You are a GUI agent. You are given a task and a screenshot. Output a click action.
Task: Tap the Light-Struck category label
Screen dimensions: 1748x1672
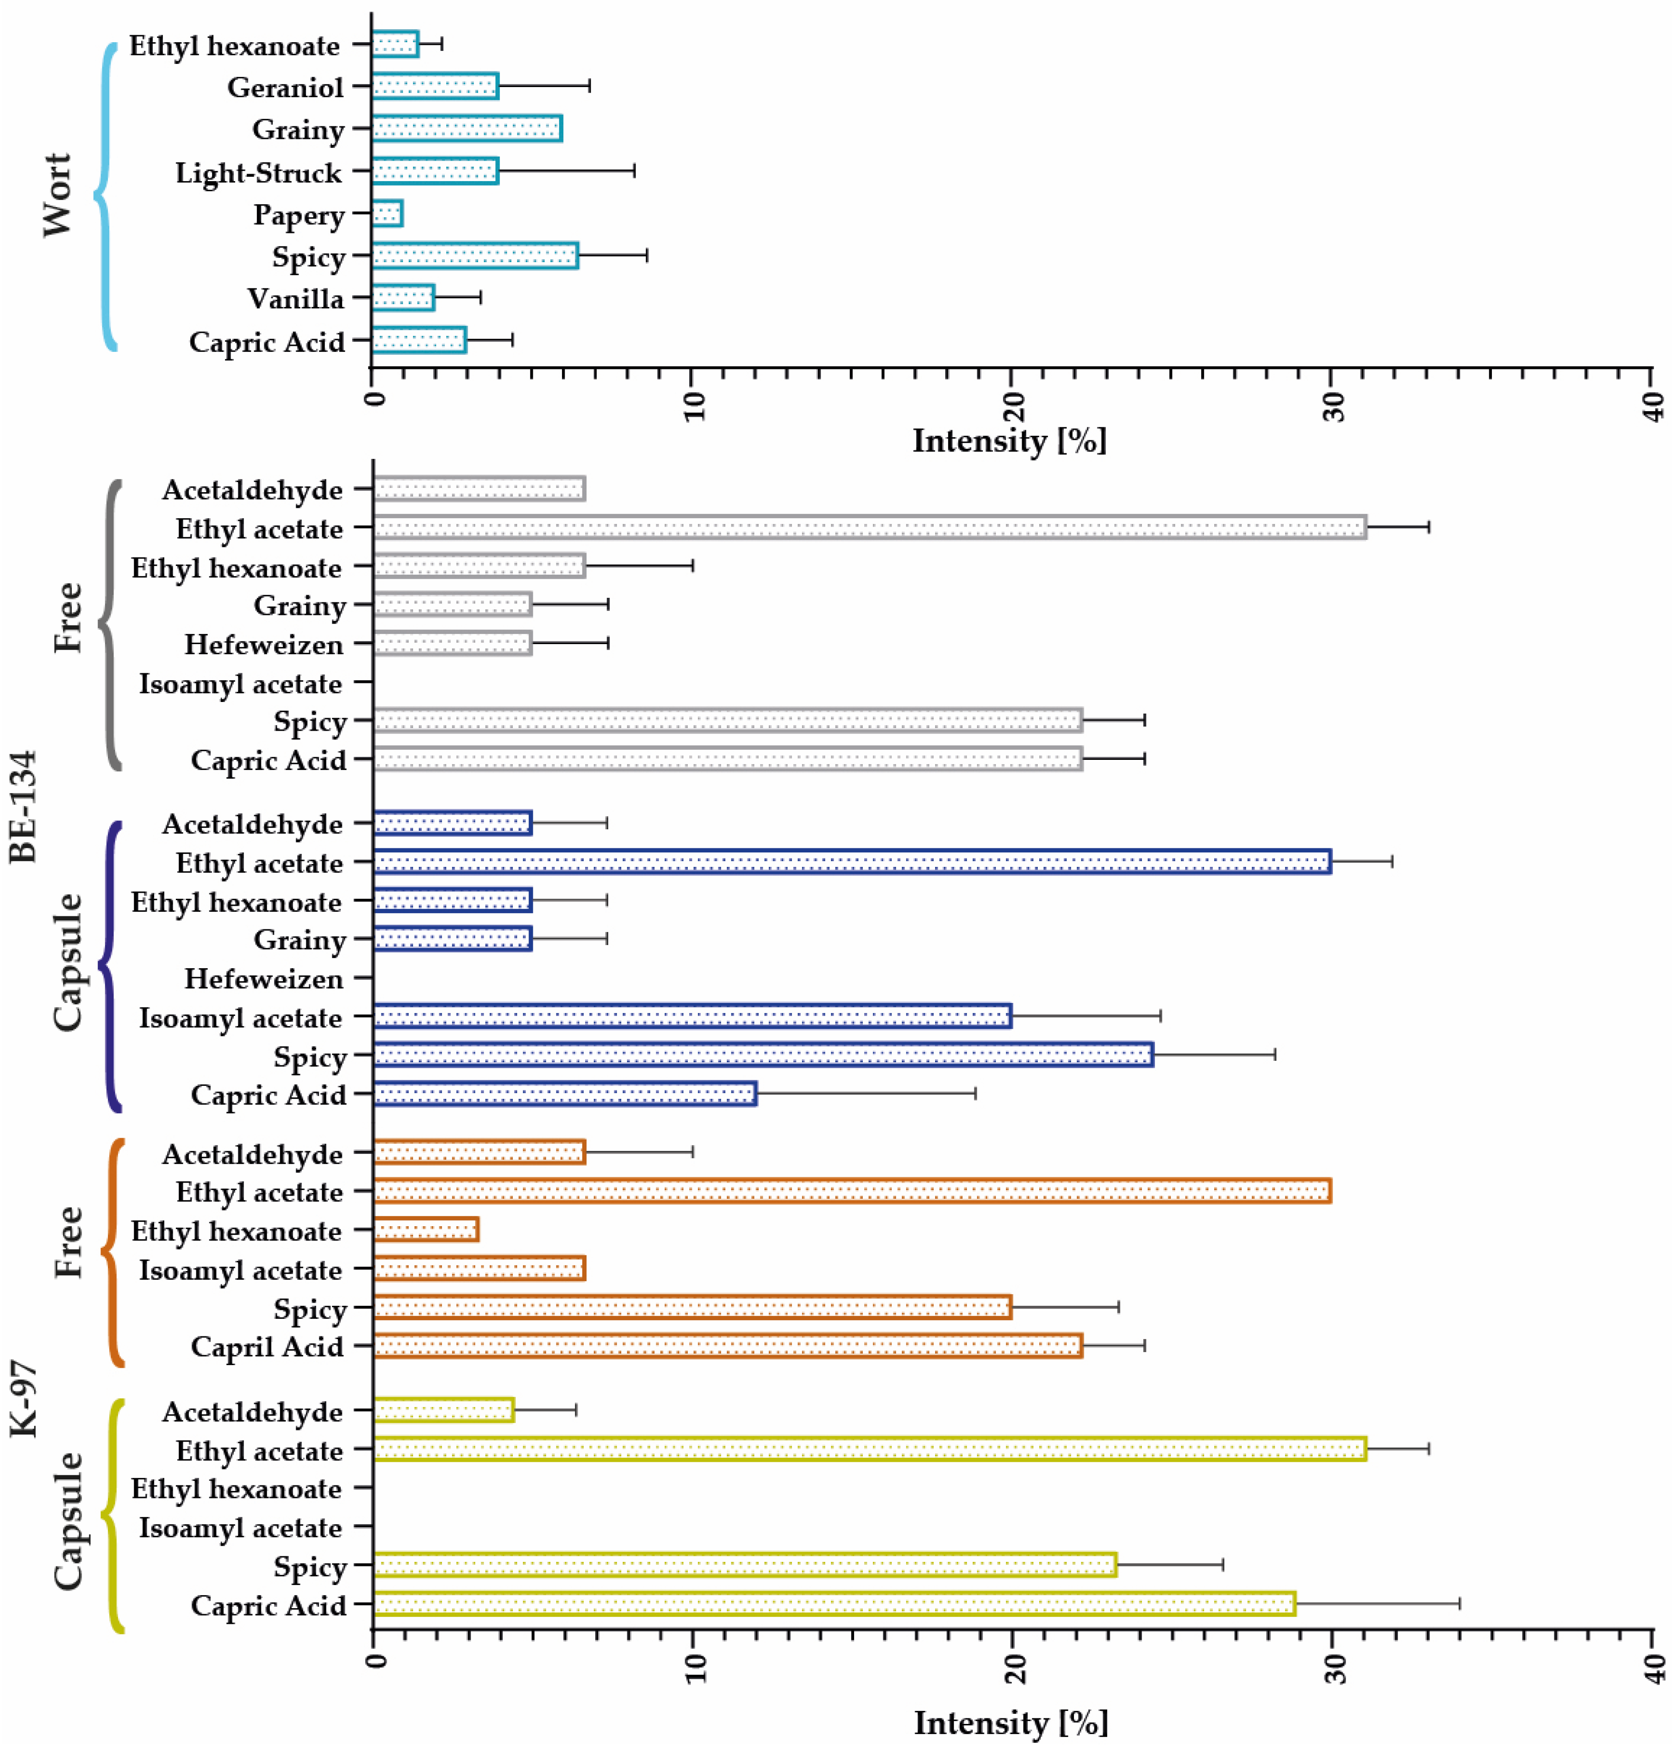pos(258,172)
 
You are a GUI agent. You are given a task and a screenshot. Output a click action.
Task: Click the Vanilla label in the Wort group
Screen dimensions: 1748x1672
pos(296,299)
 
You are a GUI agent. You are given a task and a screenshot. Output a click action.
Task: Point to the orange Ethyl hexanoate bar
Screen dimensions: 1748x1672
pos(426,1230)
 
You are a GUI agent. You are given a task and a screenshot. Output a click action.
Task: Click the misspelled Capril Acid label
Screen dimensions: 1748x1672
pos(268,1347)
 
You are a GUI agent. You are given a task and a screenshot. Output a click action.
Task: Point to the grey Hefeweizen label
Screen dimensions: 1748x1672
pos(264,645)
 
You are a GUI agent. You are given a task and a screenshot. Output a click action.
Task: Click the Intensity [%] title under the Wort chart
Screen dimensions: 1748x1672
pos(1010,440)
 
